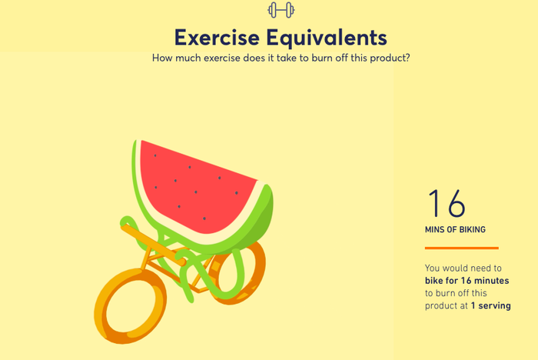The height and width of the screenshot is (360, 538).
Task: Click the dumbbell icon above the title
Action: coord(281,10)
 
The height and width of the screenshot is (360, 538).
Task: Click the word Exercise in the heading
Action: coord(217,38)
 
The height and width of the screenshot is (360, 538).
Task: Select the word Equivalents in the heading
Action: coord(327,38)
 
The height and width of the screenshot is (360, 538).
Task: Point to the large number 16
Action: coord(447,203)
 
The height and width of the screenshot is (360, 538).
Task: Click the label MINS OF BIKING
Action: coord(455,229)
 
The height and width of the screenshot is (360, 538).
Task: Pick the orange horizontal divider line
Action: coord(461,248)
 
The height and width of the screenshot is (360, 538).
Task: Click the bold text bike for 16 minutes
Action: coord(467,281)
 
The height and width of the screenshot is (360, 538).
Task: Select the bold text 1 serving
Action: coord(490,305)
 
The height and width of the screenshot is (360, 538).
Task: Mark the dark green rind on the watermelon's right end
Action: coord(264,220)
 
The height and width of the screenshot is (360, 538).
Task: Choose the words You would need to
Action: coord(463,268)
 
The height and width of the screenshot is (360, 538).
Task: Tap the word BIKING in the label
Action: coord(473,229)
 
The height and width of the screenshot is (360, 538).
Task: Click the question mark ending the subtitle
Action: coord(407,58)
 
